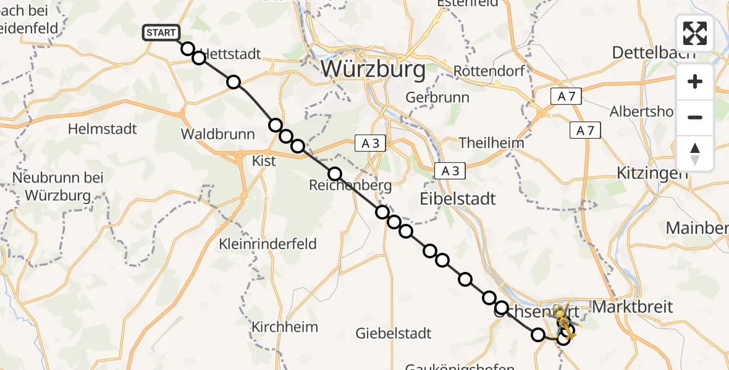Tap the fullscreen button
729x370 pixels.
pyautogui.click(x=695, y=33)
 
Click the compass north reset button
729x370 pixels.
pyautogui.click(x=695, y=154)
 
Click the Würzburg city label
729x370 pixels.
pyautogui.click(x=373, y=69)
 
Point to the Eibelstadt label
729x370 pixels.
pyautogui.click(x=458, y=199)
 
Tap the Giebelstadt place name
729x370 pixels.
pyautogui.click(x=394, y=334)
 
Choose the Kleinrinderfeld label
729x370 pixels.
pyautogui.click(x=268, y=244)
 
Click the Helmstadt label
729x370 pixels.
pyautogui.click(x=103, y=129)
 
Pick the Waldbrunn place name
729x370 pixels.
pyautogui.click(x=217, y=134)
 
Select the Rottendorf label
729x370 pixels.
pyautogui.click(x=489, y=71)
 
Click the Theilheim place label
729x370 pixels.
pyautogui.click(x=492, y=143)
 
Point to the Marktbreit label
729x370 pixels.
pyautogui.click(x=633, y=306)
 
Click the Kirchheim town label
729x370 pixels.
pyautogui.click(x=285, y=327)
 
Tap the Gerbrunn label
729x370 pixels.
pyautogui.click(x=437, y=97)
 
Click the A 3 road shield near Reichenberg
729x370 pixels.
pyautogui.click(x=371, y=144)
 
